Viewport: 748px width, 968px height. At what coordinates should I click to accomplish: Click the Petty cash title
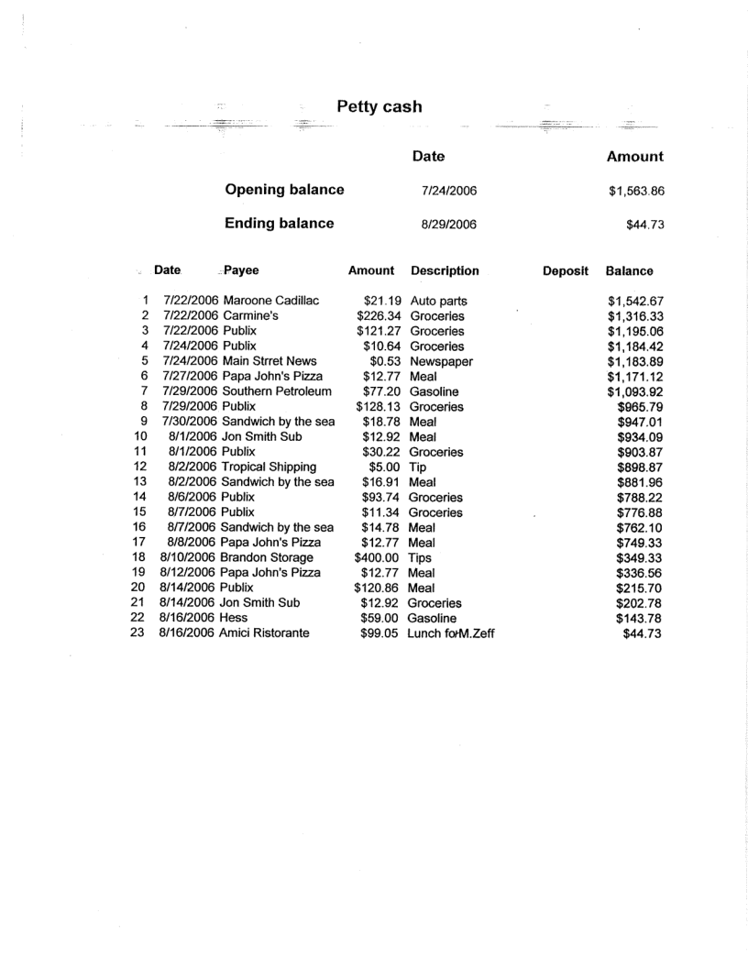click(379, 107)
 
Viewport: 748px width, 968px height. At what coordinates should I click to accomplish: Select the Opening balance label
click(284, 191)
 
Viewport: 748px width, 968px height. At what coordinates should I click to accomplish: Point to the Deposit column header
click(565, 271)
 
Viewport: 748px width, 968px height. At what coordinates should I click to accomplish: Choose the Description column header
click(445, 271)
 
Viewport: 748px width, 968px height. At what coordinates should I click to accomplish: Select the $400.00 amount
click(379, 558)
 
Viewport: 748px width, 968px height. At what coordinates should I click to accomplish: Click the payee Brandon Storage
click(266, 558)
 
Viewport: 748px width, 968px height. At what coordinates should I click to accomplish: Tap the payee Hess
click(233, 619)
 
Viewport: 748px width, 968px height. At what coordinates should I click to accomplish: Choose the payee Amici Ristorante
click(264, 633)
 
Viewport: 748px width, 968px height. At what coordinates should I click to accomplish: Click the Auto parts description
click(439, 301)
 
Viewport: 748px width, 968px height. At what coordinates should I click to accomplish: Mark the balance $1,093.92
click(634, 391)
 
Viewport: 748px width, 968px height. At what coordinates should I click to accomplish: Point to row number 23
click(139, 633)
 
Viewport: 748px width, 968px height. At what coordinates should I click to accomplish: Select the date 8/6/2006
click(193, 498)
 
